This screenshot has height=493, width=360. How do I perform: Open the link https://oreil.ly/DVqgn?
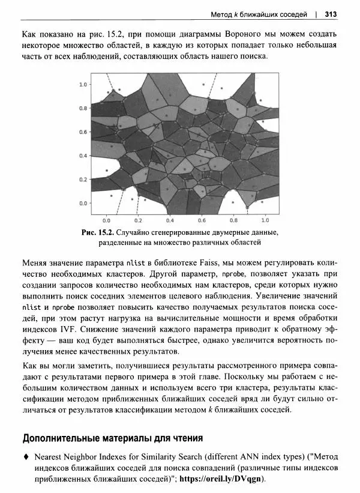[x=223, y=479]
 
